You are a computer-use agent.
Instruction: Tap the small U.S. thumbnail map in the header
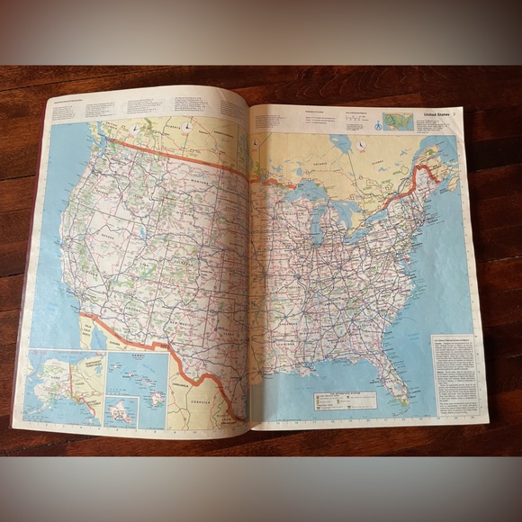(x=397, y=121)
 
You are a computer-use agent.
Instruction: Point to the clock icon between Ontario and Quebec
(x=358, y=147)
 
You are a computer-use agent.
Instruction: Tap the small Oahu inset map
(x=122, y=411)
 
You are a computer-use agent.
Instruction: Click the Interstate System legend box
(x=356, y=400)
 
